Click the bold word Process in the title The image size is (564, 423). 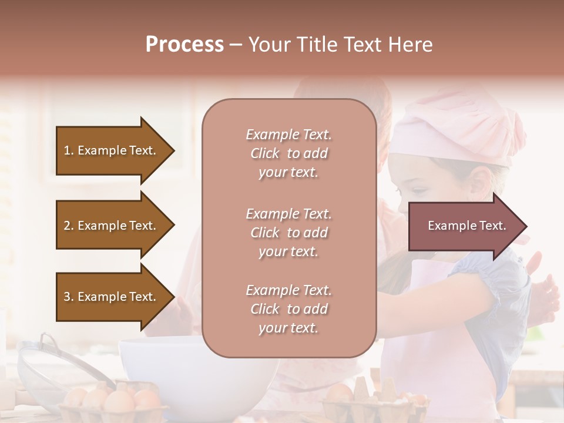[184, 44]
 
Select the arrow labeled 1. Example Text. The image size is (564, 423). [112, 150]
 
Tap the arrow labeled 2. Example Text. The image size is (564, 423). [112, 226]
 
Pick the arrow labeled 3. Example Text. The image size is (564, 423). [112, 297]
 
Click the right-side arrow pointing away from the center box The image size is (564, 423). [464, 226]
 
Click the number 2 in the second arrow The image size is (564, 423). [67, 226]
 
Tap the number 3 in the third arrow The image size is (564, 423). [67, 297]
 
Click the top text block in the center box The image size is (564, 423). [288, 153]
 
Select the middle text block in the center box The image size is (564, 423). [288, 233]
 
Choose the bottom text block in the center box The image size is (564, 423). [288, 309]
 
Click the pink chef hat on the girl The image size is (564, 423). [464, 129]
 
